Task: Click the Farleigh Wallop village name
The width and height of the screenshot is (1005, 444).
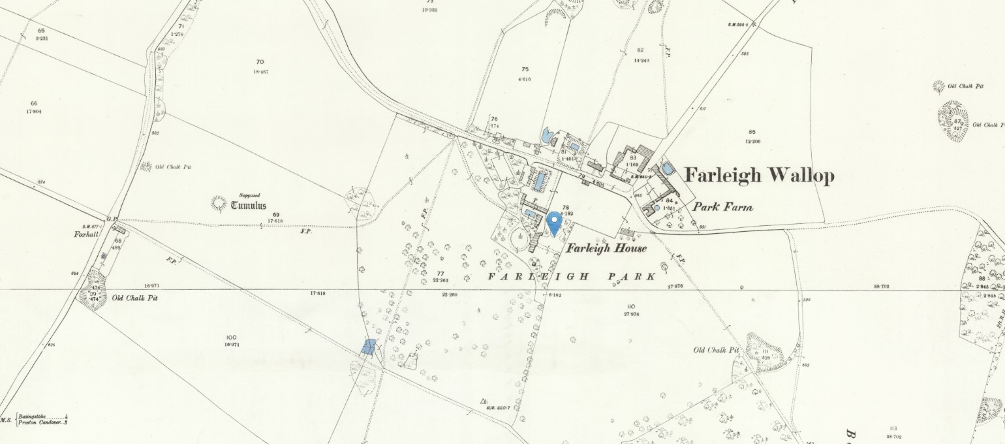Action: [759, 176]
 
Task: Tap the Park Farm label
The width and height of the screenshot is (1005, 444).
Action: [722, 208]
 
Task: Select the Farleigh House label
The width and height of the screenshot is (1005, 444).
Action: [606, 248]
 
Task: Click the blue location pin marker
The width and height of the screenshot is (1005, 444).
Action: [554, 223]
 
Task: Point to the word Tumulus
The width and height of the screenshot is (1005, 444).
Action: [249, 206]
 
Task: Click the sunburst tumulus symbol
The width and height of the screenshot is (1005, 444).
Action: [218, 204]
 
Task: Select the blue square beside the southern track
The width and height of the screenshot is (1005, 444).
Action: [369, 346]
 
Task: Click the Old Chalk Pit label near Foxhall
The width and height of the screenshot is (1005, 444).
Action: [135, 298]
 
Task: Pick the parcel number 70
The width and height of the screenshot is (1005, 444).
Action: [260, 62]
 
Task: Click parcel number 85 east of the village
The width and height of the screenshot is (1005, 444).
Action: [752, 133]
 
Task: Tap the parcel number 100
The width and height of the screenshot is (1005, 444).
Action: [231, 337]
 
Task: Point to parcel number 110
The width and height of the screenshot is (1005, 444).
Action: [630, 306]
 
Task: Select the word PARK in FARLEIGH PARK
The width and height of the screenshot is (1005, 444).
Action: [632, 277]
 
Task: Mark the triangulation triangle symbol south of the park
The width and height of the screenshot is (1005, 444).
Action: [484, 401]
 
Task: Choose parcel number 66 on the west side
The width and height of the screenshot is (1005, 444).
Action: [33, 104]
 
